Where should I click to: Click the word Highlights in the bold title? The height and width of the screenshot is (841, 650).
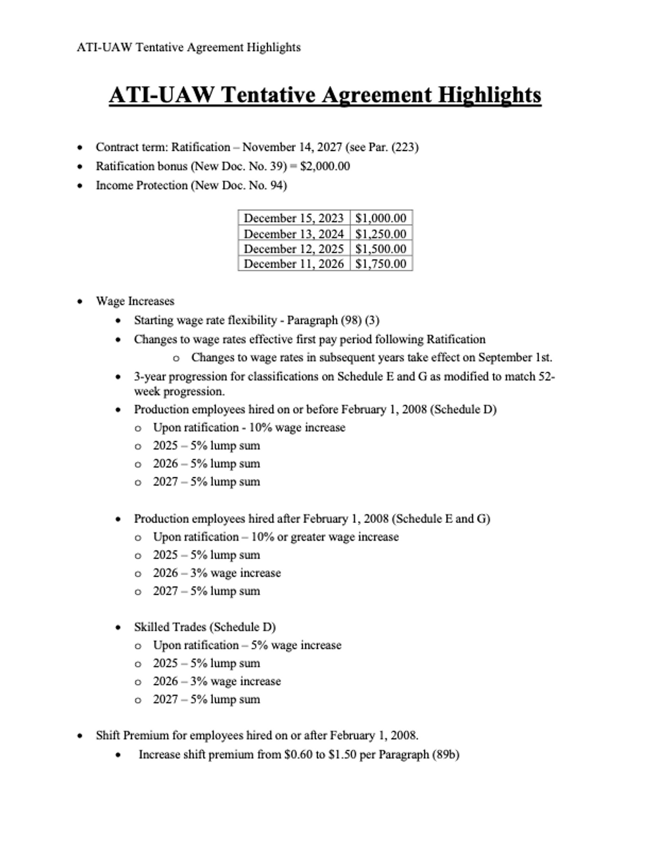coord(489,95)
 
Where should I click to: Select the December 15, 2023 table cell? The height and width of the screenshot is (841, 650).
coord(294,218)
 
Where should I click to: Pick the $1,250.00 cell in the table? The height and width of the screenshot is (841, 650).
coord(381,234)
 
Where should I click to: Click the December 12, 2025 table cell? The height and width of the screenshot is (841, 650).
coord(294,249)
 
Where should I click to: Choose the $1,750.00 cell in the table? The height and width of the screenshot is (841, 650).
coord(381,264)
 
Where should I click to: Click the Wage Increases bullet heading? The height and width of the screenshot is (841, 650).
coord(135,302)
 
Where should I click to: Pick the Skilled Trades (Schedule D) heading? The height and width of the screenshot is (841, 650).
coord(204,627)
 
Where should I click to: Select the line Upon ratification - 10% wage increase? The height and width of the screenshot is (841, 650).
coord(249,428)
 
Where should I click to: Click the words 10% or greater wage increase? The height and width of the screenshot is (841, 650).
coord(325,537)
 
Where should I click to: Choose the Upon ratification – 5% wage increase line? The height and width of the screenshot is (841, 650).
coord(247,645)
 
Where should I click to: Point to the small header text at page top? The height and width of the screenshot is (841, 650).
coord(189,47)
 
